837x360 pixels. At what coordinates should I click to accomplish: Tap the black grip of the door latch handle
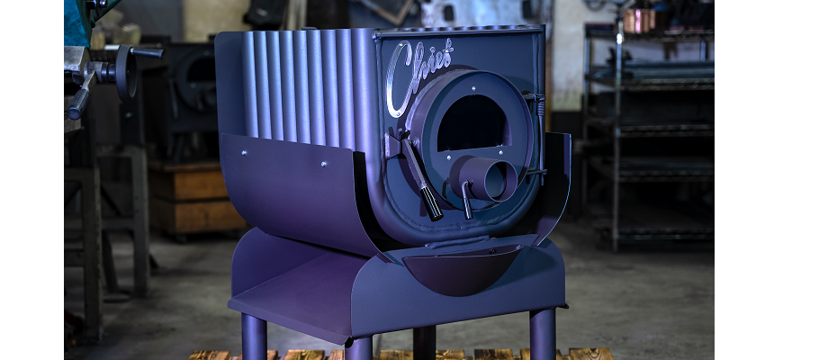click(x=431, y=203)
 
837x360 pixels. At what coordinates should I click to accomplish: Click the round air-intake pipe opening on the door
click(x=499, y=181)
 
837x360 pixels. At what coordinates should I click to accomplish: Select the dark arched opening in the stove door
click(x=472, y=122)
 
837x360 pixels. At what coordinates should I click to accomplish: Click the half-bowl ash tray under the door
click(x=463, y=268)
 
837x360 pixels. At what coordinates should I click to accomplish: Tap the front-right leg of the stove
click(x=543, y=334)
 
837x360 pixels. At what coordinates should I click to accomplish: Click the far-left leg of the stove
click(x=254, y=337)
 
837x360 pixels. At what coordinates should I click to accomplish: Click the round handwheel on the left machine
click(x=126, y=73)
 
